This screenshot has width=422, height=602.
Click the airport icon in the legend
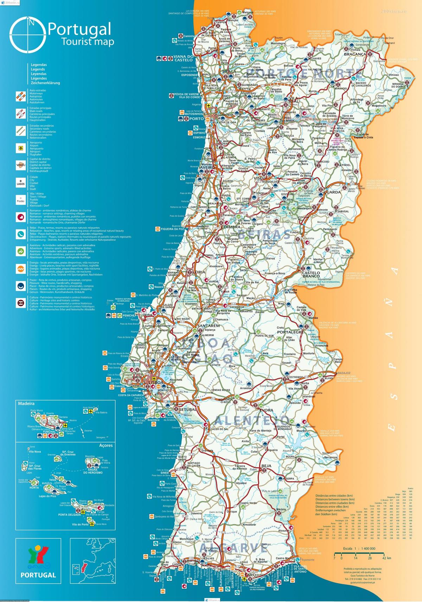(x=21, y=148)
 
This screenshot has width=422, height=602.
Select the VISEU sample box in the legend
(x=21, y=165)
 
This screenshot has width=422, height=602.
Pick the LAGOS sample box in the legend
(x=21, y=183)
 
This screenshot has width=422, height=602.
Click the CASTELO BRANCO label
(x=311, y=274)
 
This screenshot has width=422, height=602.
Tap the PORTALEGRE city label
(x=290, y=332)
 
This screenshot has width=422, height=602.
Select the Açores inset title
(x=106, y=445)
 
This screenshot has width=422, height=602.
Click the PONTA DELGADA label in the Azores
(x=70, y=514)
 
